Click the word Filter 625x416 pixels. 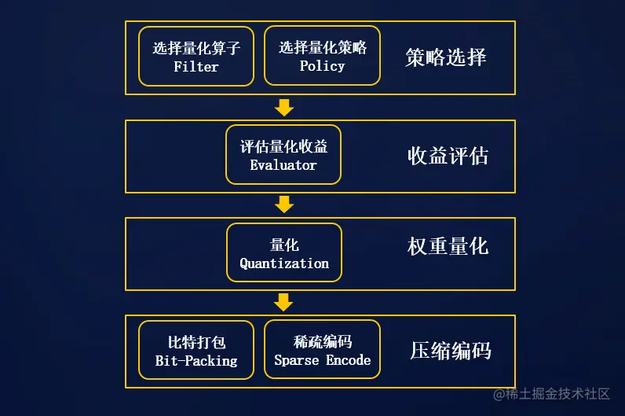coord(196,67)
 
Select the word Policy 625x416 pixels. coord(322,66)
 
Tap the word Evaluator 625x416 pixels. coord(283,165)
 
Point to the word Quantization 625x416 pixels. coord(284,263)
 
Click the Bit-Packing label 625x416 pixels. coord(196,361)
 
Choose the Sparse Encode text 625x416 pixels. coord(322,360)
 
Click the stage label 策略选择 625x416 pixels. coord(446,57)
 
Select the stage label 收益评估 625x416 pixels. coord(448,156)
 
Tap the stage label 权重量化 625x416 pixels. coord(448,246)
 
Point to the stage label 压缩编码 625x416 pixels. coord(451,351)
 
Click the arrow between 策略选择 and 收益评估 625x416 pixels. coord(284,107)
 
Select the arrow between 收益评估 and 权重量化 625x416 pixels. coord(284,204)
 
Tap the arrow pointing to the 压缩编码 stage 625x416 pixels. coord(284,302)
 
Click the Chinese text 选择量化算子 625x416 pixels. coord(196,48)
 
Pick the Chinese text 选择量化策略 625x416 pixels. coord(322,47)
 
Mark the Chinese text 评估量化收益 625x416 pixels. coord(283,146)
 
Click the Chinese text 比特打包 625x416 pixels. coord(196,342)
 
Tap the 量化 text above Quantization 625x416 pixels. coord(284,245)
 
